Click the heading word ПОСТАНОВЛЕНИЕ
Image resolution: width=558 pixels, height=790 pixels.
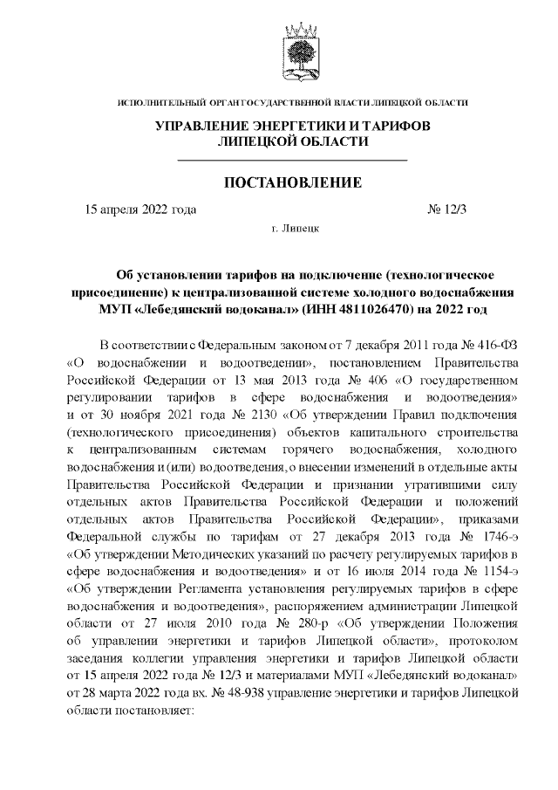[293, 184]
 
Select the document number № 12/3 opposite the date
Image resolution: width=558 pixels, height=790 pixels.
[446, 210]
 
